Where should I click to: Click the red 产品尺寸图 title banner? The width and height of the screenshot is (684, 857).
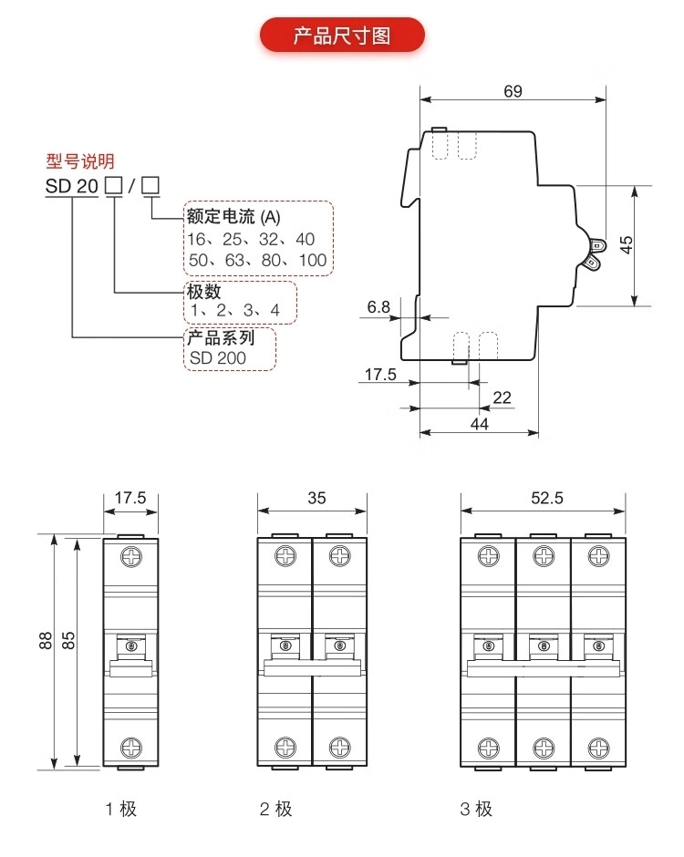point(342,36)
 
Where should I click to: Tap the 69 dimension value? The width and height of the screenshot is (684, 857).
point(513,90)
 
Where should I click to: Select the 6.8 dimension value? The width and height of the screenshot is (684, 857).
point(378,307)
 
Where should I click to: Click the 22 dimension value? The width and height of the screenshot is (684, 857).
point(502,397)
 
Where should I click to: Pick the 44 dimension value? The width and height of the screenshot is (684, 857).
point(480,424)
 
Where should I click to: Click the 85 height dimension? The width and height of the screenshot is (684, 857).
point(67,641)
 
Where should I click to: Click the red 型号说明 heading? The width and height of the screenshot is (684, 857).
point(80,162)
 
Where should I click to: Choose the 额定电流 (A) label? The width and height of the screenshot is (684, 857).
point(233,217)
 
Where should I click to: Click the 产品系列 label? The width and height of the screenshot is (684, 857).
point(220,337)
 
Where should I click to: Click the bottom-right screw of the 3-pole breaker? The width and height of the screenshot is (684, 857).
point(598,747)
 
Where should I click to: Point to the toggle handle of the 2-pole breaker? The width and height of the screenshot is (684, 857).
point(313,668)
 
